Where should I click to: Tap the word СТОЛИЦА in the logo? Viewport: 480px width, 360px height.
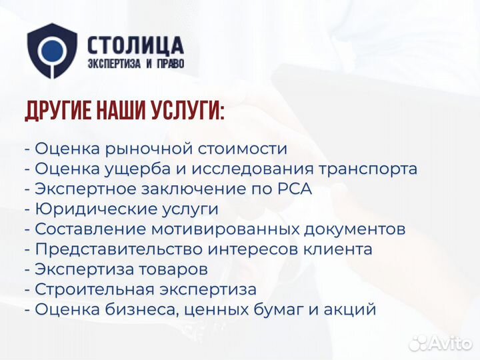click(135, 45)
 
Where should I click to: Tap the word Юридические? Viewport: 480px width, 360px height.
click(96, 209)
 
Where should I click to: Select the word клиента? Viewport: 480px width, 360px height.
click(335, 249)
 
